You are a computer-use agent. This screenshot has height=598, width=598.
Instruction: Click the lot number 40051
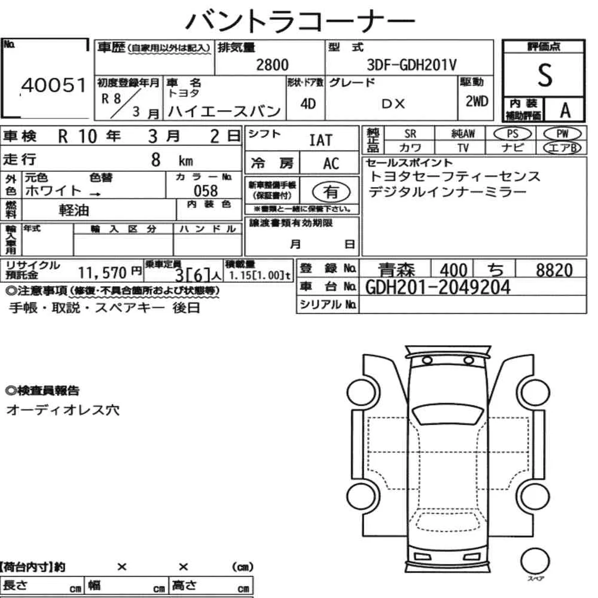(x=54, y=85)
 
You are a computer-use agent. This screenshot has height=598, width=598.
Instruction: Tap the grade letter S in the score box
(x=545, y=75)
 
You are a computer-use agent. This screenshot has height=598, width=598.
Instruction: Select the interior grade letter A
(x=565, y=110)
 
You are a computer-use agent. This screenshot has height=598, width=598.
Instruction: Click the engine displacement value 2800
(x=272, y=65)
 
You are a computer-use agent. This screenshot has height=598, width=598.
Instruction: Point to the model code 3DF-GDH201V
(x=411, y=65)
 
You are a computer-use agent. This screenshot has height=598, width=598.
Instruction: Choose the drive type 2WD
(x=477, y=102)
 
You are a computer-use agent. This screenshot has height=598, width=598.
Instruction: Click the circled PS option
(x=512, y=134)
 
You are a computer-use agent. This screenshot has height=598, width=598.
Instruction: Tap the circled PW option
(x=562, y=134)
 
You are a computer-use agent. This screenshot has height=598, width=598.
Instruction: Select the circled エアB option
(x=562, y=148)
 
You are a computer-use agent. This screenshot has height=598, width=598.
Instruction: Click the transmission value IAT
(x=321, y=141)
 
